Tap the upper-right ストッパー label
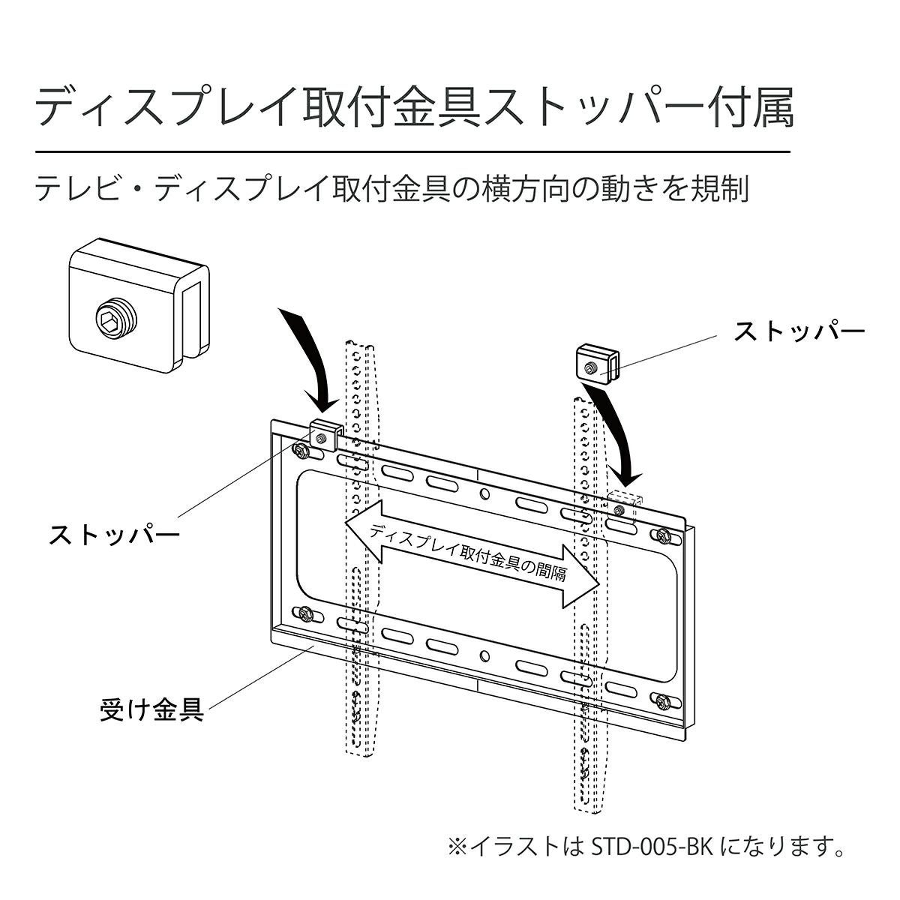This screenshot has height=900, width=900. coord(799,331)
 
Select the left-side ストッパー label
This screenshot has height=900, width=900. coord(115,535)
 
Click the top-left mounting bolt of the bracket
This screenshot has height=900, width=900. coord(301,451)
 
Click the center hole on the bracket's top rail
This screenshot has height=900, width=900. coord(484,493)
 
